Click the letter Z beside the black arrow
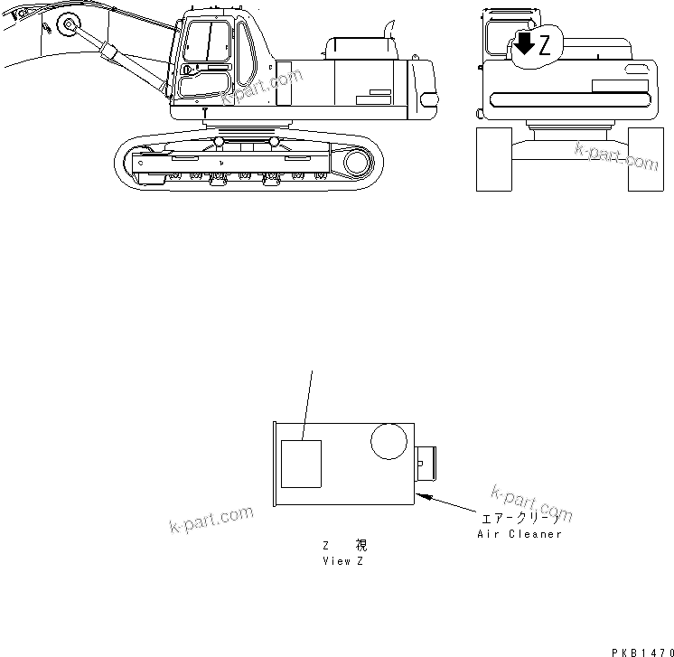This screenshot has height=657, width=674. click(543, 48)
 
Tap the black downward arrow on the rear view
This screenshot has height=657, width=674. click(523, 44)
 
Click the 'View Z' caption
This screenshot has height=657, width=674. click(344, 560)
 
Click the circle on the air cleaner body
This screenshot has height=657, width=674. click(388, 443)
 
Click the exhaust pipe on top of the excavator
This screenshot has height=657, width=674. click(389, 29)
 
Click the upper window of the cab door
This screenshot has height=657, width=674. click(206, 42)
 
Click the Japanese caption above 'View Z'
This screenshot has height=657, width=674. click(344, 546)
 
